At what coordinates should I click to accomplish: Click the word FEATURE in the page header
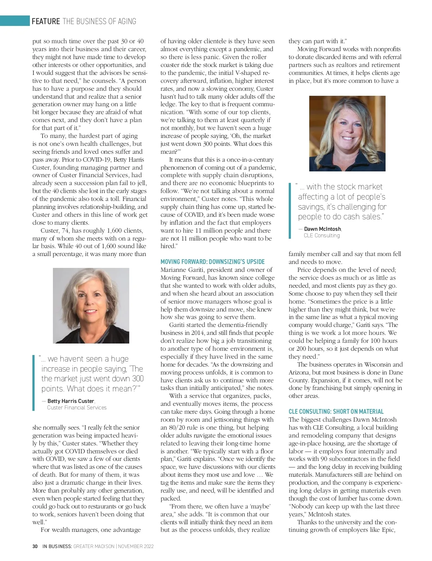click(46, 21)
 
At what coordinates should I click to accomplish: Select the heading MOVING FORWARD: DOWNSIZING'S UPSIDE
click(212, 262)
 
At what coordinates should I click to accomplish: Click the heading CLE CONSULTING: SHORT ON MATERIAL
click(336, 412)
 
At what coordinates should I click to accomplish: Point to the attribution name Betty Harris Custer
click(71, 401)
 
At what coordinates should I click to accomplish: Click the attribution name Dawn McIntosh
click(323, 229)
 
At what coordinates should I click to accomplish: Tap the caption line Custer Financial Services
click(77, 408)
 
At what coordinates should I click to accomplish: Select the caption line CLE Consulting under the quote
click(321, 235)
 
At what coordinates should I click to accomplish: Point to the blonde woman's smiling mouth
click(347, 138)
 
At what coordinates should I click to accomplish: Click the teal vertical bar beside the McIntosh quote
click(290, 211)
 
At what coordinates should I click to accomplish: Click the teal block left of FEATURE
click(15, 21)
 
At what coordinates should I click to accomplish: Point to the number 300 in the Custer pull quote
click(138, 378)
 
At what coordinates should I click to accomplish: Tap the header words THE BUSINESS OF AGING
click(99, 21)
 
